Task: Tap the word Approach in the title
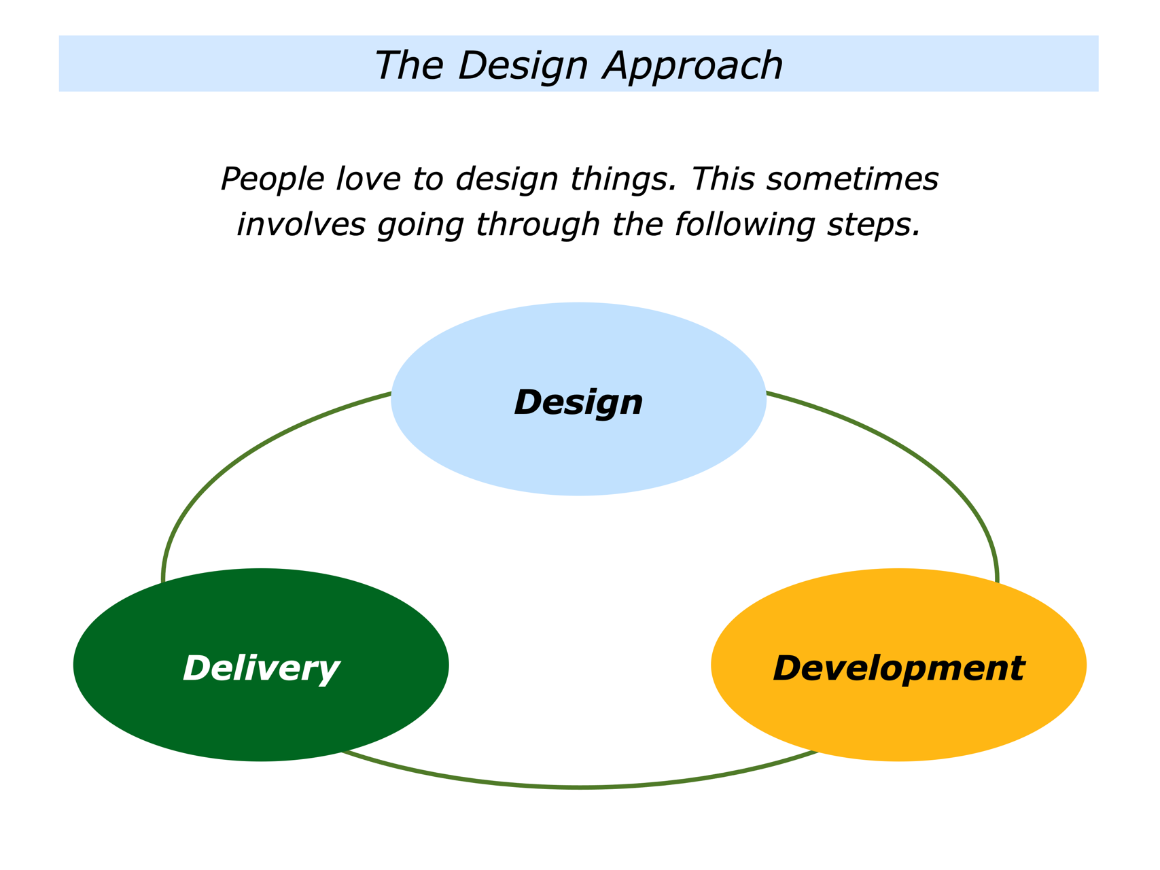point(693,66)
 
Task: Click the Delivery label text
point(261,668)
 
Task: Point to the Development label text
point(898,668)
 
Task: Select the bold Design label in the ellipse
point(579,402)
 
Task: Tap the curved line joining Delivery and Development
point(579,787)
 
